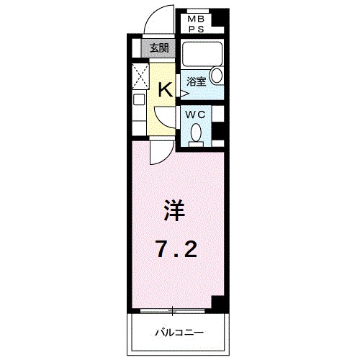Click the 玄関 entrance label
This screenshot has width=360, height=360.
coord(158,49)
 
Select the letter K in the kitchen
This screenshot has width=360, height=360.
coord(165,89)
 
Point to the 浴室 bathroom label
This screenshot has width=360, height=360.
coord(197,81)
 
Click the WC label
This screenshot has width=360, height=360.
coord(196,114)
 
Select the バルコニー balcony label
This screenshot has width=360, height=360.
coord(179,333)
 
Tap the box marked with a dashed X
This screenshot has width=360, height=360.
coord(139,75)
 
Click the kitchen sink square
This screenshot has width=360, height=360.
coord(139,102)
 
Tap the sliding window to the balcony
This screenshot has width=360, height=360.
coord(174,311)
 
